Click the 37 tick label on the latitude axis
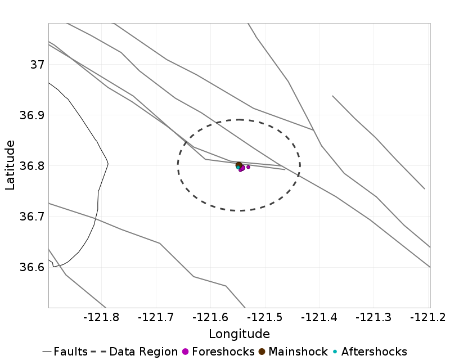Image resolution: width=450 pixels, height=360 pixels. pos(37,64)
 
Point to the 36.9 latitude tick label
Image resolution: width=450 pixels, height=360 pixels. pos(30,115)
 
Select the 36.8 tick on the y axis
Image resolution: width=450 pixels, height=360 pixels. pos(30,166)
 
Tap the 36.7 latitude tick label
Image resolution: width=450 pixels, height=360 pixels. pos(30,217)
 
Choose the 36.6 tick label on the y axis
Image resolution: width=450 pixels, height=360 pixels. pos(30,267)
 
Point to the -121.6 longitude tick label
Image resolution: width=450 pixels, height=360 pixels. pos(211,318)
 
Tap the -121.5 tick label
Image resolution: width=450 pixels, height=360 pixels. pos(266,318)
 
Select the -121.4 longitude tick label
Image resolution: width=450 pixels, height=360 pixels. pos(321,318)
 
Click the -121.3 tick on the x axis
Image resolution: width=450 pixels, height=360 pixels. pos(375,318)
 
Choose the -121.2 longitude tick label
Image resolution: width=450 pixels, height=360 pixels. pos(427,318)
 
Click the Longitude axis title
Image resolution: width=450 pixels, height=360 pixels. pos(239,334)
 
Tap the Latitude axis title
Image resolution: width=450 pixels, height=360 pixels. pos(10,166)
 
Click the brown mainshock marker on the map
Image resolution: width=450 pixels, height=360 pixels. pos(239,165)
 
